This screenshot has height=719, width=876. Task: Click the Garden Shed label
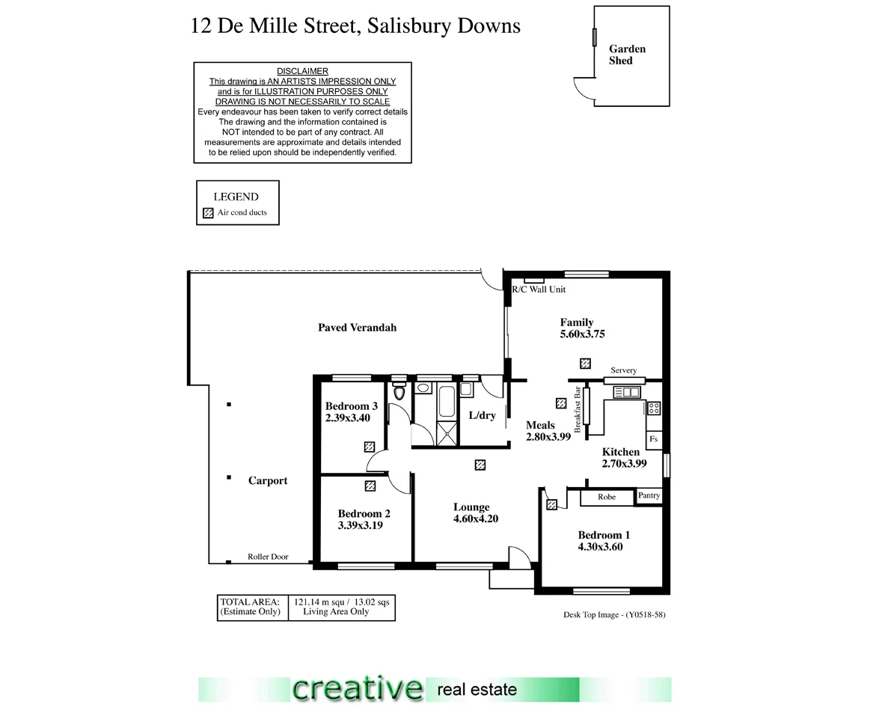pos(626,55)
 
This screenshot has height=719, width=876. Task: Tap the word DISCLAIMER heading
pos(302,72)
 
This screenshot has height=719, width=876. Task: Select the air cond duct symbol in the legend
pos(209,212)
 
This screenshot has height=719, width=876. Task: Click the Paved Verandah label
pos(357,328)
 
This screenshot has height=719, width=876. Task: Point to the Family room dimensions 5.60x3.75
pos(582,334)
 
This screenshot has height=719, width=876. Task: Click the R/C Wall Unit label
pos(538,290)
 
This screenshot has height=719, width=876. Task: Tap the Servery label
pos(623,370)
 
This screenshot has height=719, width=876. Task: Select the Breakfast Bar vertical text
pos(578,410)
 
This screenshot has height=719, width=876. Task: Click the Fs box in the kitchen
pos(653,439)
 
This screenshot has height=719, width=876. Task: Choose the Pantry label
pos(649,495)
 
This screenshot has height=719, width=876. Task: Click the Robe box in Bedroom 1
pos(607,497)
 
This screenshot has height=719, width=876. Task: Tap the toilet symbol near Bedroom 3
pos(399,392)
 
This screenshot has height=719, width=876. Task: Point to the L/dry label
pos(482,415)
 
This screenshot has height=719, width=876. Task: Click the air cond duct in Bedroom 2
pos(370,486)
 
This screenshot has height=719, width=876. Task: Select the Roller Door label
pos(268,557)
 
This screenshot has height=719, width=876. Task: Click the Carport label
pos(267,481)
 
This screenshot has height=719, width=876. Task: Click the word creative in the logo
pos(356,688)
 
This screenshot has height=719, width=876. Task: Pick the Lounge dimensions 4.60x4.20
pos(475,518)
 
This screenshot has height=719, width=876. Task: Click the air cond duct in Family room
pos(585,364)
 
